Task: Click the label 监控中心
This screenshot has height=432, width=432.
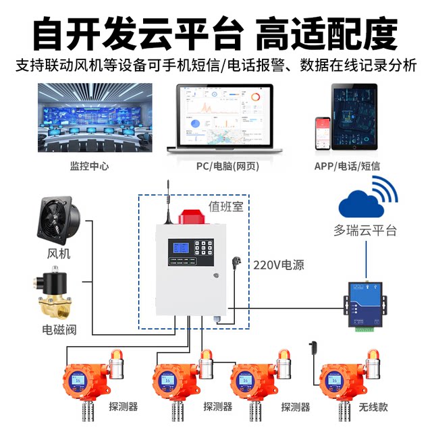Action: pos(88,166)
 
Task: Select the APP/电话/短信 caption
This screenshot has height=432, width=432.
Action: pos(356,166)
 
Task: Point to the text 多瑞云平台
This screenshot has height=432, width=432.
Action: pos(365,231)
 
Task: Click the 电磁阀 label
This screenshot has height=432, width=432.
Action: pos(59,331)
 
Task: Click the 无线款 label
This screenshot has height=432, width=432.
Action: pos(374,407)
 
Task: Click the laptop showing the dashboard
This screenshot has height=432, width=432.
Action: pos(224,122)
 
